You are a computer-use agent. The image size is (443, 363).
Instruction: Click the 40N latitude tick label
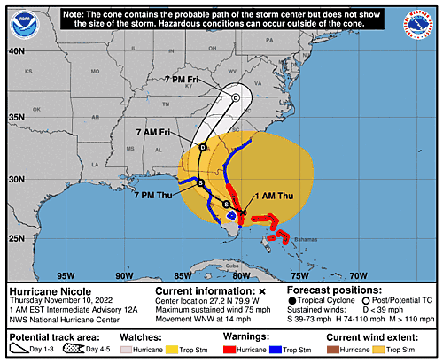[x=15, y=50]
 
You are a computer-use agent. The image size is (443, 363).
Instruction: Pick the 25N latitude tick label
[x=15, y=237]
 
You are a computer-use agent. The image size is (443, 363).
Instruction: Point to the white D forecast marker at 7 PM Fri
[x=236, y=97]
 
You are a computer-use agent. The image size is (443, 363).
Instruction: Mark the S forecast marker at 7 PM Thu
[x=200, y=182]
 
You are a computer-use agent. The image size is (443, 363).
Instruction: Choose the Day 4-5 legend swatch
[x=77, y=350]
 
